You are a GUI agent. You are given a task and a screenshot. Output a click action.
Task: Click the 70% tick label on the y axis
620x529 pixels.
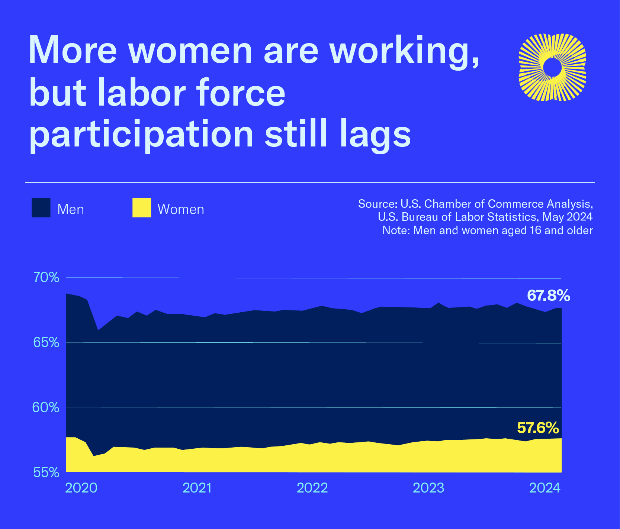coord(46,278)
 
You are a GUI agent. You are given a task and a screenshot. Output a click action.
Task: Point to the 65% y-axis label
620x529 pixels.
coord(46,342)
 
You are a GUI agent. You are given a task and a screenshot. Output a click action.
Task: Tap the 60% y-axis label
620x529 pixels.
coord(46,407)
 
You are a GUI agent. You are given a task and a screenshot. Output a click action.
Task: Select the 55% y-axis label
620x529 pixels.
coord(46,472)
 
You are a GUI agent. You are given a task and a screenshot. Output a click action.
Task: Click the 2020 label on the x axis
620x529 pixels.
coord(81,488)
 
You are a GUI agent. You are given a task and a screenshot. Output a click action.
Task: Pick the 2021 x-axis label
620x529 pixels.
coord(197,488)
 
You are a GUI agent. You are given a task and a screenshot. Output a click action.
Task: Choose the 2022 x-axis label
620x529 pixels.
coord(312,488)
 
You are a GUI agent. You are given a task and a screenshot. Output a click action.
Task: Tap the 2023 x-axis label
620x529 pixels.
coord(428,488)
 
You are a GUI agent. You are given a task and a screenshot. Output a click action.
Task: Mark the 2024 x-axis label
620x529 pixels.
coord(544,488)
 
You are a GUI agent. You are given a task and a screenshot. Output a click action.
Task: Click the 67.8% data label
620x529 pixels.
coord(548,296)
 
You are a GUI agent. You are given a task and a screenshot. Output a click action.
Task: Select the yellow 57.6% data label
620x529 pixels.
coord(538,428)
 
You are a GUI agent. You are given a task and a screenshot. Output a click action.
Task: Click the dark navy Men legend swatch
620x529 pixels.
coord(41,207)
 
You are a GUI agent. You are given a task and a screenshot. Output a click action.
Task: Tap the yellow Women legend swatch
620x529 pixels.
coord(142,207)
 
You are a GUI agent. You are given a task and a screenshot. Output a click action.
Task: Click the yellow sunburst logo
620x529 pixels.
coord(552,67)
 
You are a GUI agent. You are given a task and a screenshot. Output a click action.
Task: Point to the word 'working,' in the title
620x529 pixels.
coord(404,52)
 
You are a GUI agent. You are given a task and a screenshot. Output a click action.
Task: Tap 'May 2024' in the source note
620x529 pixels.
coord(567,217)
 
